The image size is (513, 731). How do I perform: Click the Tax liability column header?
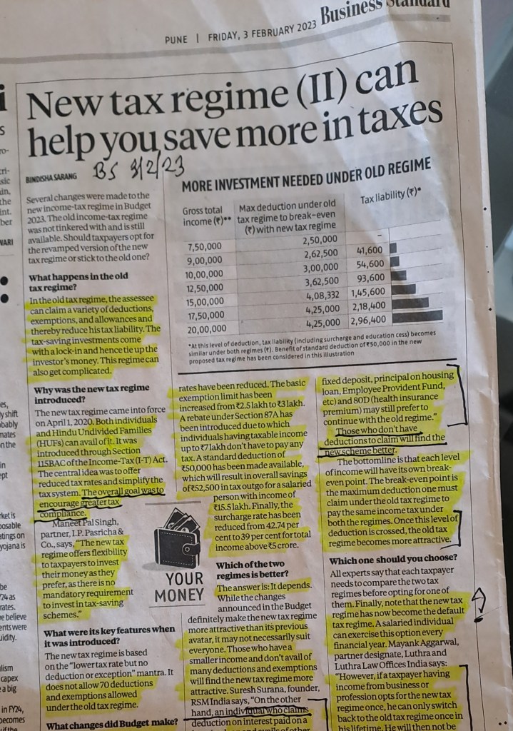pos(392,195)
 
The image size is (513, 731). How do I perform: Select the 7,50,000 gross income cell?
pos(205,248)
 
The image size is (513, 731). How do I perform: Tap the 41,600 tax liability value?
pos(369,251)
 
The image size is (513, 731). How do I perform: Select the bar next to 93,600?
pos(400,275)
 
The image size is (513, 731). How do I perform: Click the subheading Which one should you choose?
pos(392,560)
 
